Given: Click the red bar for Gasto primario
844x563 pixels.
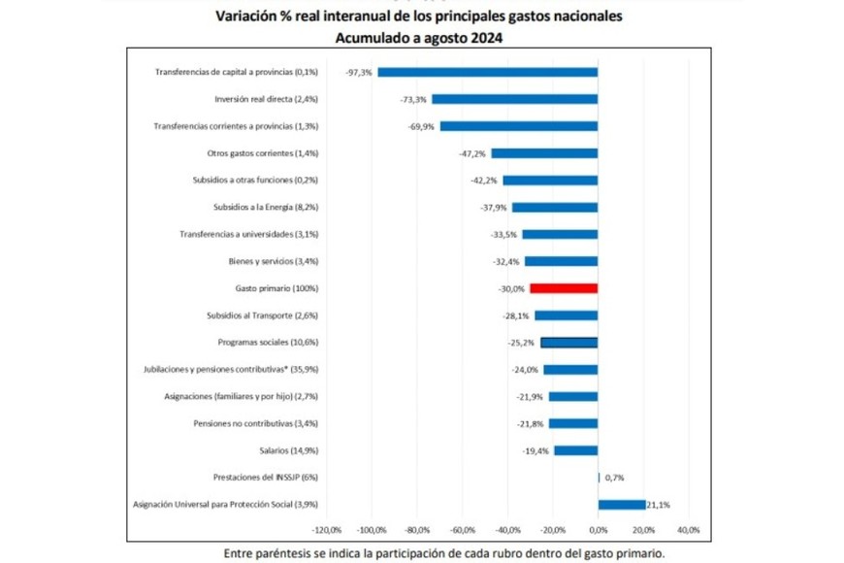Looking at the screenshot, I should pyautogui.click(x=564, y=288).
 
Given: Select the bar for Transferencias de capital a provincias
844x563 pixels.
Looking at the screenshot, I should pyautogui.click(x=488, y=72).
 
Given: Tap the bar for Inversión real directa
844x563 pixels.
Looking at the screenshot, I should pyautogui.click(x=515, y=99).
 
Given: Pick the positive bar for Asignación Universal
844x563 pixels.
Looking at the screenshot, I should pyautogui.click(x=622, y=505).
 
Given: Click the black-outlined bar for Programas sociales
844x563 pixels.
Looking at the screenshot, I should pyautogui.click(x=568, y=343).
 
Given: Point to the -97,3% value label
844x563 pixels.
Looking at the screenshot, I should pyautogui.click(x=359, y=72).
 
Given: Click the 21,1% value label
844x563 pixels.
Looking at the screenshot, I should pyautogui.click(x=659, y=505).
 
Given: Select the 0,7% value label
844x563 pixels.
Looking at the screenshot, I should pyautogui.click(x=614, y=478).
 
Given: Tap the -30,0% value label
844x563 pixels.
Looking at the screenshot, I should pyautogui.click(x=512, y=288).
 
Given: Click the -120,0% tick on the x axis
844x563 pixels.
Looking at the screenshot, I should pyautogui.click(x=327, y=530).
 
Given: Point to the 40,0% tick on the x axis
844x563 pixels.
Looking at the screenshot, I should pyautogui.click(x=688, y=530).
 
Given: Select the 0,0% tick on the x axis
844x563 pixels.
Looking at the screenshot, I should pyautogui.click(x=598, y=530).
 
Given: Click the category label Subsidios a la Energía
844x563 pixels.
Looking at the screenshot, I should pyautogui.click(x=265, y=207).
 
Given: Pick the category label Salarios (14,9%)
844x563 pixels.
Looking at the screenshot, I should pyautogui.click(x=289, y=450).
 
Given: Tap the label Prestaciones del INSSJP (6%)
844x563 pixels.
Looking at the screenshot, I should pyautogui.click(x=265, y=478).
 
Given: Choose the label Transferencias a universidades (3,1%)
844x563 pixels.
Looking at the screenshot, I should pyautogui.click(x=249, y=234).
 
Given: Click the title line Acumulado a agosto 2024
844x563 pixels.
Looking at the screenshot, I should pyautogui.click(x=421, y=38).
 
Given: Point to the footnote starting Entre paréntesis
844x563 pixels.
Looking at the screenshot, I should pyautogui.click(x=444, y=553).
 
